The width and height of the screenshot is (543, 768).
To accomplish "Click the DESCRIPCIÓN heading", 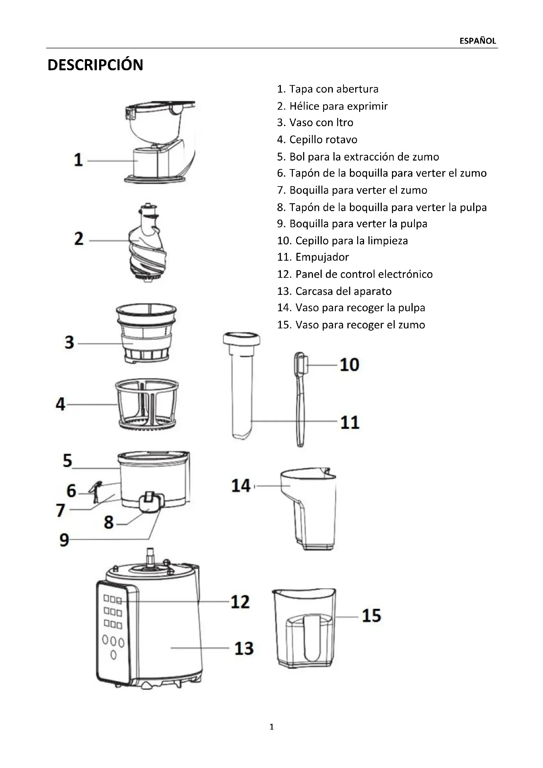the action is [x=95, y=65].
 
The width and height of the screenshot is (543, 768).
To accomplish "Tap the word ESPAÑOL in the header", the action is [x=477, y=41].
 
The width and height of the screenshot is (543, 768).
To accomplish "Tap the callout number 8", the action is [x=109, y=522].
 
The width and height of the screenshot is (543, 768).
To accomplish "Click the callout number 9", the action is [x=64, y=539].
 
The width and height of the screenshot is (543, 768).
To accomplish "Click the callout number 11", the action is [x=350, y=422].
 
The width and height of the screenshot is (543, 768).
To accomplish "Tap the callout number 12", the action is [x=240, y=602].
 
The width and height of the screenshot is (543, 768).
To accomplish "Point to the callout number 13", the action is [x=244, y=648].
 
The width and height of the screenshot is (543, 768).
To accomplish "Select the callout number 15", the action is [x=372, y=615].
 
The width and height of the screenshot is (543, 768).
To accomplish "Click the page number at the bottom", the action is [x=271, y=727].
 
